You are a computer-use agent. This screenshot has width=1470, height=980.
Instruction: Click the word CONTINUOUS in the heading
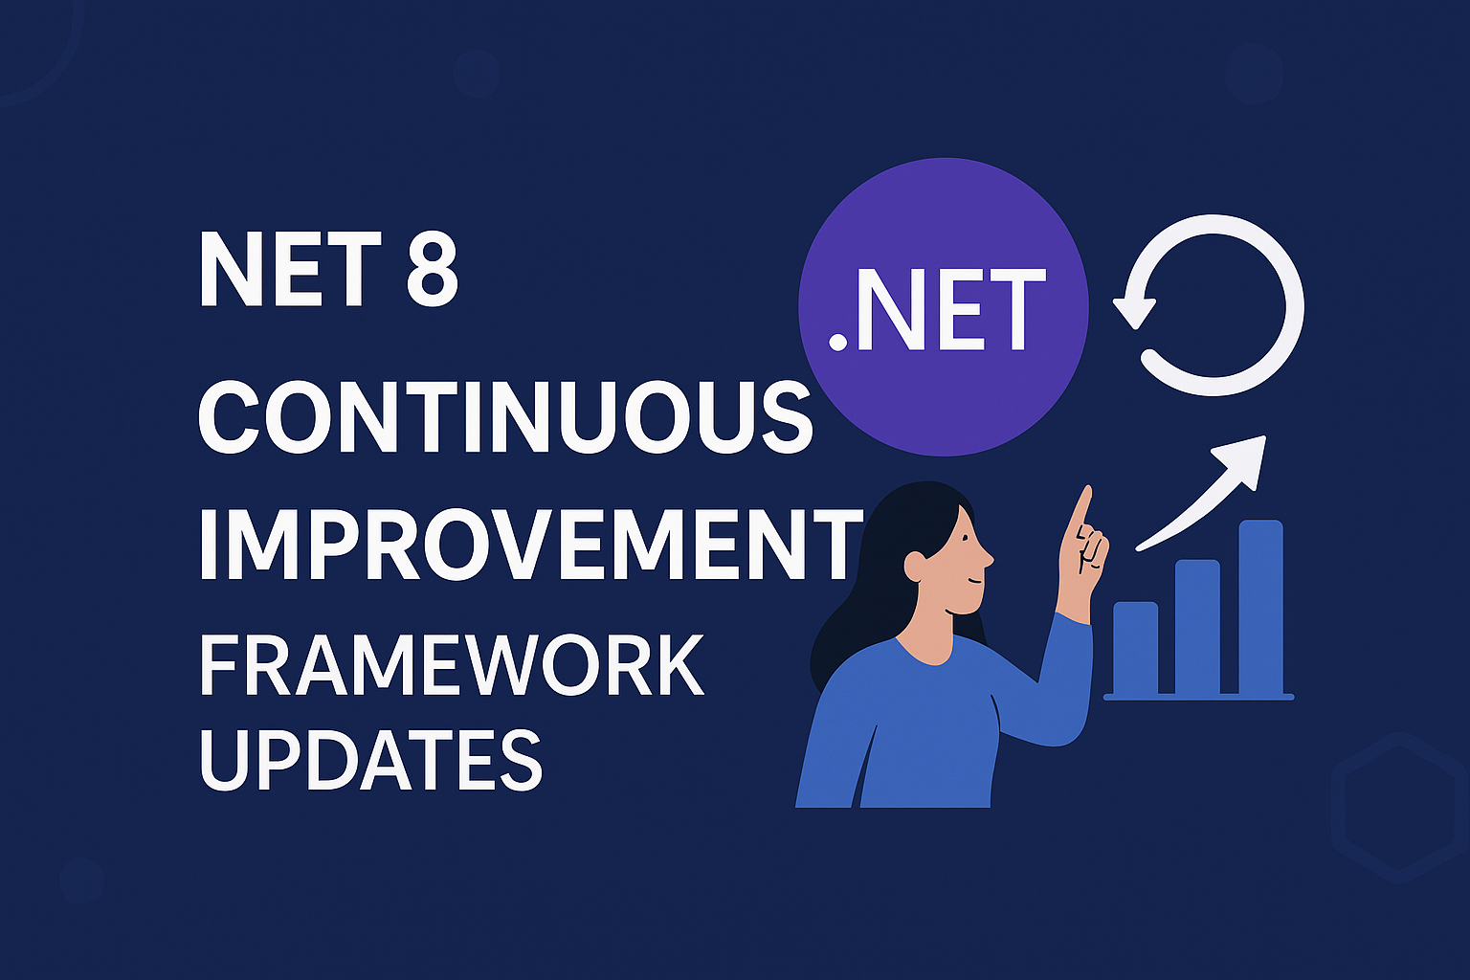(504, 418)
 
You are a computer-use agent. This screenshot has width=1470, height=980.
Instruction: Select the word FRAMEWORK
(451, 664)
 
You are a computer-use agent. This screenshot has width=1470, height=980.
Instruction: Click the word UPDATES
(370, 758)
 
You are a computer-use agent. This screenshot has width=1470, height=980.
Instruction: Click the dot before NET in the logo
(838, 342)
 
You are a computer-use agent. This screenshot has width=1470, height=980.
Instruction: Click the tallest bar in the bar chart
(1260, 607)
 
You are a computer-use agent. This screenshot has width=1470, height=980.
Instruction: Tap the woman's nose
(988, 558)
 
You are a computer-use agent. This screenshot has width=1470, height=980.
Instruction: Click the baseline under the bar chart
(1198, 697)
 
